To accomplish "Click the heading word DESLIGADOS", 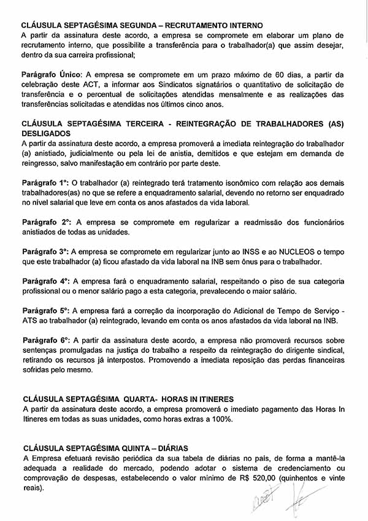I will click(x=46, y=133).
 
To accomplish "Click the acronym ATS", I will click(x=31, y=321).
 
